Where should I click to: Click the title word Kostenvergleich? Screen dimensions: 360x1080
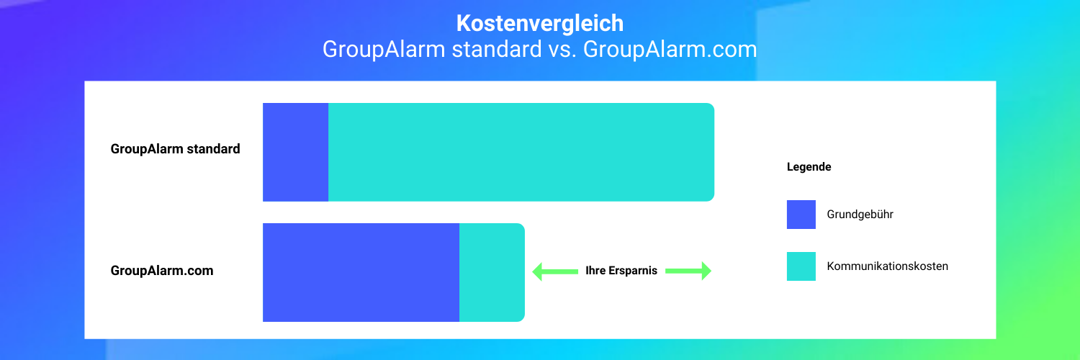[x=540, y=23]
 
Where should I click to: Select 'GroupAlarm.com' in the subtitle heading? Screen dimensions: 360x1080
[x=670, y=50]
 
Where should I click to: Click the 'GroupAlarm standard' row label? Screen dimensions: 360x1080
[x=175, y=150]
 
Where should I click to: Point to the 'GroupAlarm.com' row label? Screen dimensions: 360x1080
[x=162, y=271]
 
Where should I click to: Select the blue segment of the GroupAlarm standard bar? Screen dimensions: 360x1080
[x=295, y=152]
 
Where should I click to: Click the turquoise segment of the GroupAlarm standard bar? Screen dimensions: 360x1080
[x=521, y=152]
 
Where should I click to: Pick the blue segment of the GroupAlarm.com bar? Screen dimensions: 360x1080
[x=361, y=272]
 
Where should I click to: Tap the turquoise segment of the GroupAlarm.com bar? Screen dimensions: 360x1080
[x=492, y=272]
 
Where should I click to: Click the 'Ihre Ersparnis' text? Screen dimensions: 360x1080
[x=621, y=271]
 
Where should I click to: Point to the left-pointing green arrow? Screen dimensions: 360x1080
[x=554, y=271]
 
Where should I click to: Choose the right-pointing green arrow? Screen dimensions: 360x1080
[x=688, y=271]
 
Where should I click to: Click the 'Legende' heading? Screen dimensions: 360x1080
[x=809, y=167]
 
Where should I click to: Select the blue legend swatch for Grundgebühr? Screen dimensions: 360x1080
[x=801, y=215]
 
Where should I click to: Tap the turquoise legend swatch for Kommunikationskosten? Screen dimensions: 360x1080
[x=801, y=266]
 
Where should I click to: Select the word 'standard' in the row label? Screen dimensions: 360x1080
[x=213, y=150]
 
